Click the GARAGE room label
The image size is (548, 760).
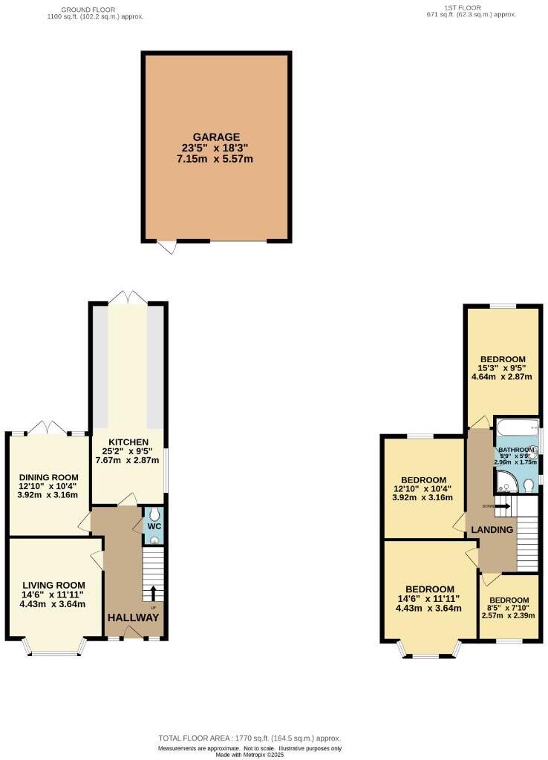(216, 137)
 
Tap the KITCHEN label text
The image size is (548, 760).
(127, 442)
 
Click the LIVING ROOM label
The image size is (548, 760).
(52, 584)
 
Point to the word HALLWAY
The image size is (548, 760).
(134, 617)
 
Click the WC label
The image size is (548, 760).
(154, 526)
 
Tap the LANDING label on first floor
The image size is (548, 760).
(492, 530)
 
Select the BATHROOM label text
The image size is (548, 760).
(516, 450)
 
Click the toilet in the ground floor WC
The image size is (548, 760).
(154, 514)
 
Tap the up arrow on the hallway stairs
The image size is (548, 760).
(154, 592)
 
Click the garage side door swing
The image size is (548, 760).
(170, 248)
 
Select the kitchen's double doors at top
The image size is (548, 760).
(127, 297)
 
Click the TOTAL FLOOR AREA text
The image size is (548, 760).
(249, 738)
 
